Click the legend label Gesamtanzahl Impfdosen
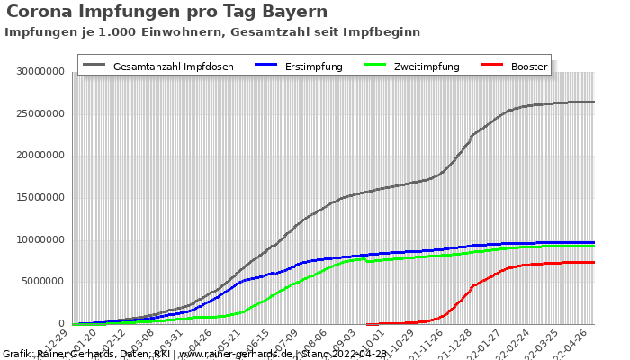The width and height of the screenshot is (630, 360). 174,67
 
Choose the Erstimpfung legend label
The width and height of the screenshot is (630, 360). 314,67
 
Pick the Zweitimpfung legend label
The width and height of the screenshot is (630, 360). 427,67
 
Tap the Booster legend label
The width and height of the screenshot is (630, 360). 529,67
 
